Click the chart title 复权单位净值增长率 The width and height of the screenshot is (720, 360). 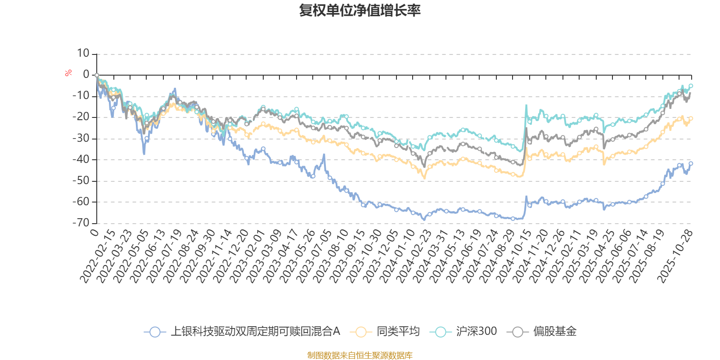(360, 10)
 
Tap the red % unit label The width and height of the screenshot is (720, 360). (68, 73)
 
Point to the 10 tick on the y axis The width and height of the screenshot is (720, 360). (83, 54)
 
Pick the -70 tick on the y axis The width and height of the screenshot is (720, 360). (81, 223)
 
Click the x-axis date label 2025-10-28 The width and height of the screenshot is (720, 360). (675, 256)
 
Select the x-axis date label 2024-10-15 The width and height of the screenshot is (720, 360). (508, 256)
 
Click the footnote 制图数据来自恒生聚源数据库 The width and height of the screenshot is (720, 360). (360, 355)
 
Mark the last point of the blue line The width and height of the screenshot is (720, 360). (691, 163)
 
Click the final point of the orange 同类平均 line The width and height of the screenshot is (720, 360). (691, 118)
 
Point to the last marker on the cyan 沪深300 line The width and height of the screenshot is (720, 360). (691, 85)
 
